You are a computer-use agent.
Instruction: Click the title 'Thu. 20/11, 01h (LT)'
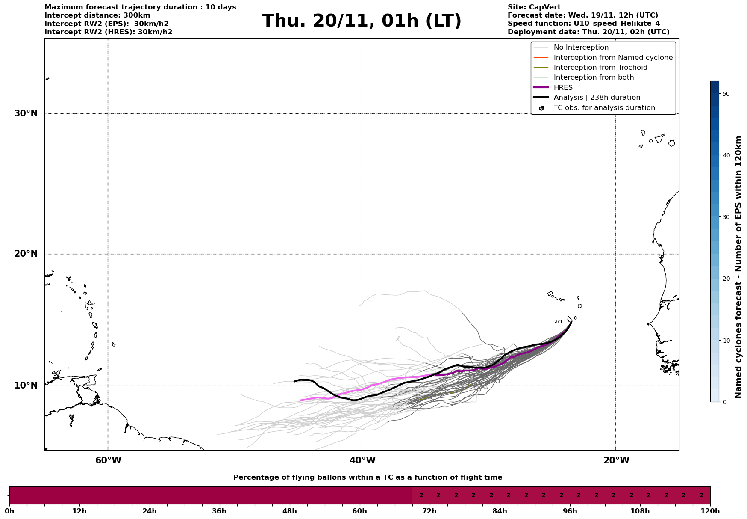[x=362, y=21]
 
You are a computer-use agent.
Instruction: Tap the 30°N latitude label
[x=26, y=113]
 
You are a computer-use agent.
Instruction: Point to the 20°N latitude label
[x=26, y=254]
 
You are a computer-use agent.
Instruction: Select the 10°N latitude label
[x=26, y=386]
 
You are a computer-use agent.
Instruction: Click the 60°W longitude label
[x=108, y=460]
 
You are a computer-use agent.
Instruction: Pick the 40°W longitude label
[x=362, y=460]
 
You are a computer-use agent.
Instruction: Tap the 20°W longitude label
[x=616, y=460]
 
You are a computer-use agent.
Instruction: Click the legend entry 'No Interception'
[x=581, y=47]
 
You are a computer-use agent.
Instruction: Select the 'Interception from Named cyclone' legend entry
[x=613, y=58]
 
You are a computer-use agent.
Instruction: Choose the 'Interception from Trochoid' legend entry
[x=600, y=68]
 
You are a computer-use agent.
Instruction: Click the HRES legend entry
[x=563, y=88]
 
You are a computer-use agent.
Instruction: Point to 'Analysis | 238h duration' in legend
[x=597, y=98]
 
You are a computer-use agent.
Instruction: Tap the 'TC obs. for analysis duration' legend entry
[x=604, y=108]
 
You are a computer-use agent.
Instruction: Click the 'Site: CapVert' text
[x=534, y=7]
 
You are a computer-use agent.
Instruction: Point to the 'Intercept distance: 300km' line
[x=97, y=15]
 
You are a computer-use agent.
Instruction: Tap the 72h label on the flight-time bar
[x=429, y=511]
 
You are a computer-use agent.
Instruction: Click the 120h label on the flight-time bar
[x=710, y=511]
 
